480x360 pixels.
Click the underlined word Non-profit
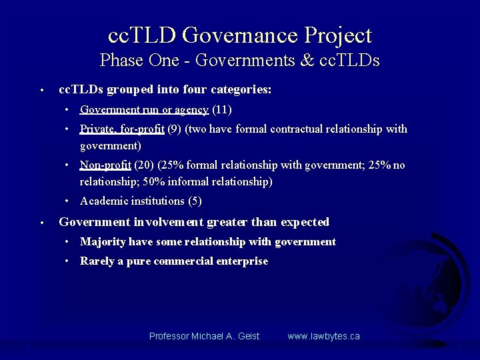point(105,165)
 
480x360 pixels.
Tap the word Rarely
point(97,261)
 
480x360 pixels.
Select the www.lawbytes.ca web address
point(323,336)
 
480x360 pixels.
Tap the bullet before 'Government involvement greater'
point(41,223)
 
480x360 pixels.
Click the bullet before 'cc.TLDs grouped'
point(41,90)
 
